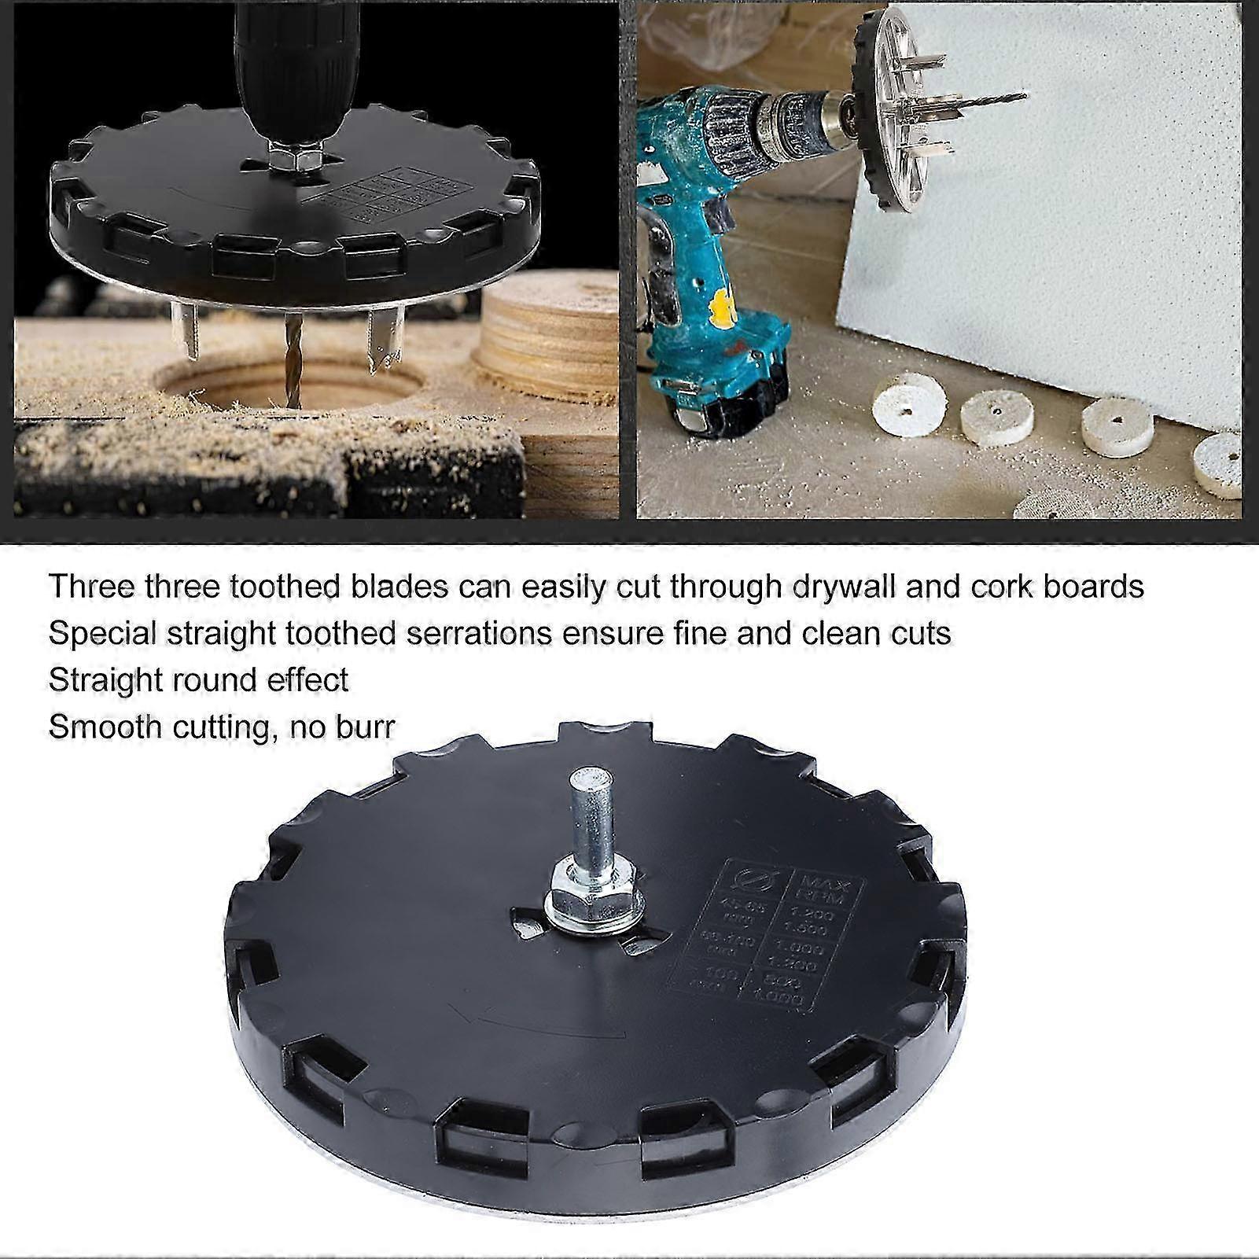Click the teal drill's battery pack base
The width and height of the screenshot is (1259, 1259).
723,409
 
